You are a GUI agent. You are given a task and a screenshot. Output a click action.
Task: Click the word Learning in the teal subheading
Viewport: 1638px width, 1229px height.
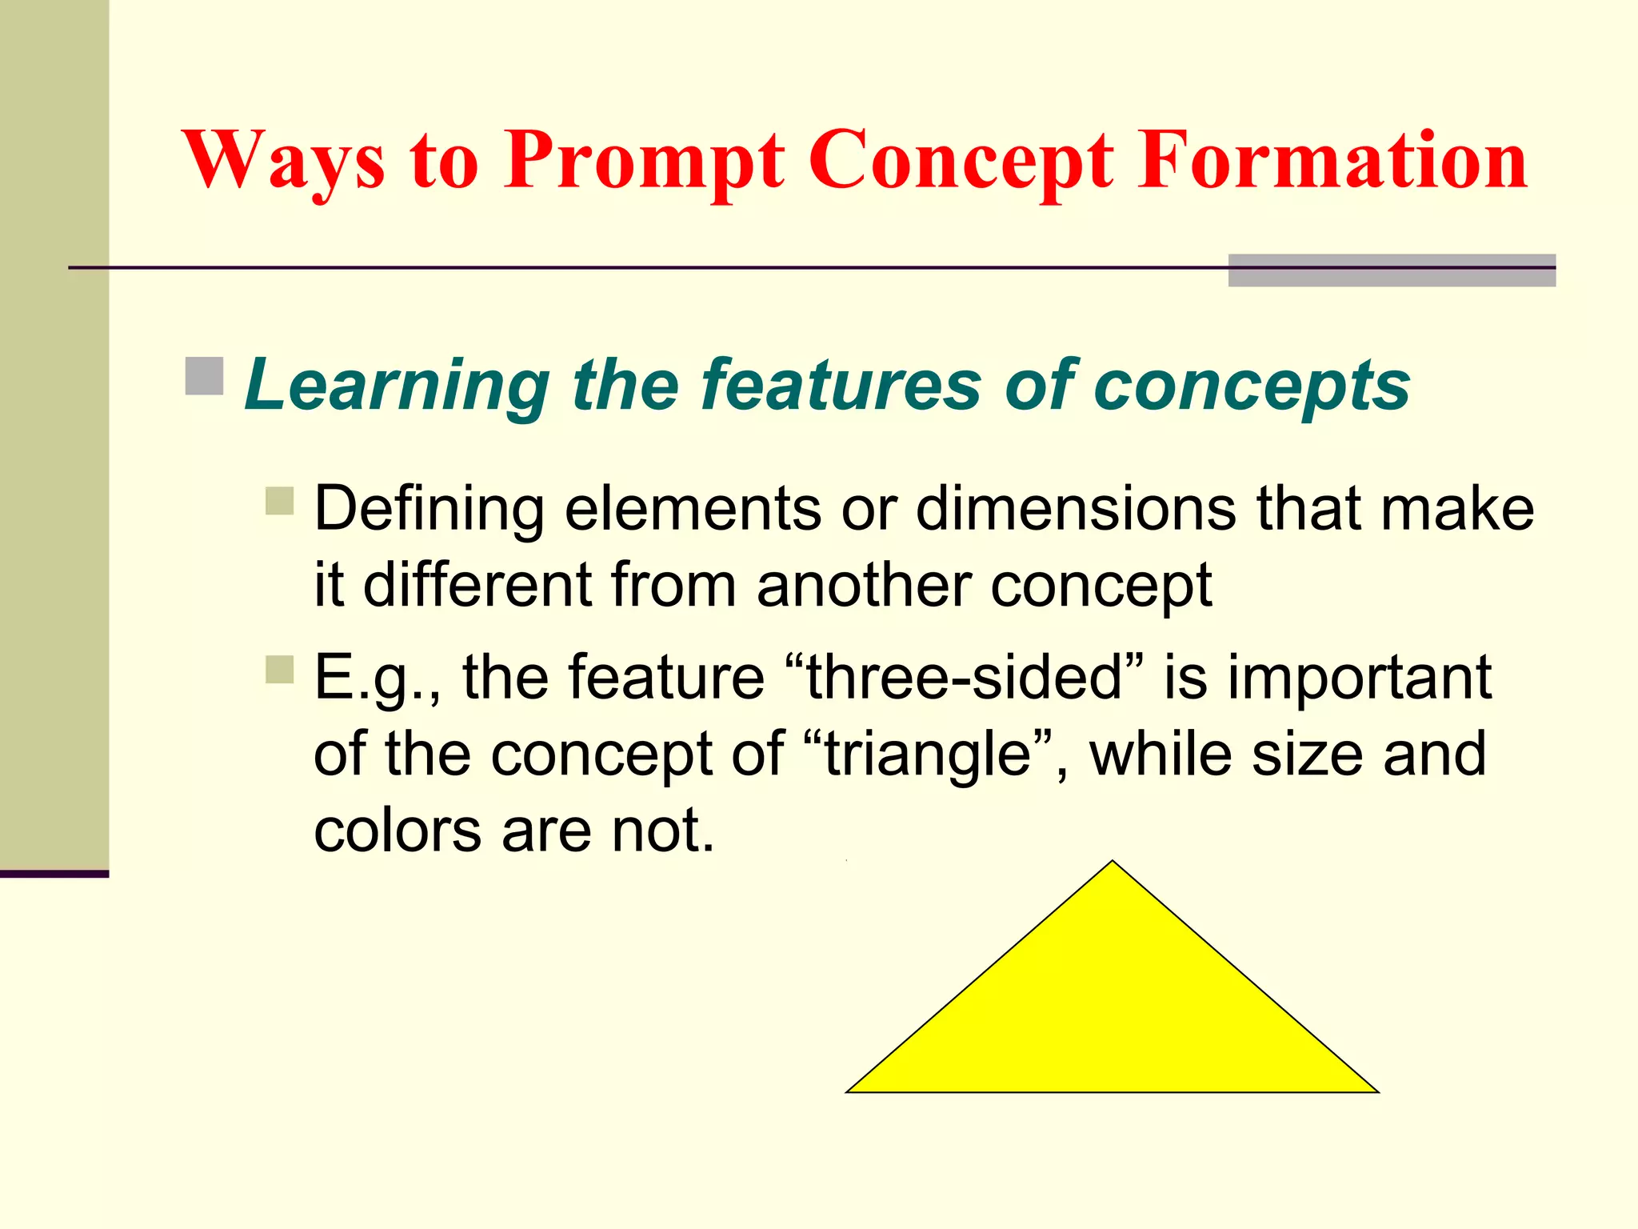(397, 386)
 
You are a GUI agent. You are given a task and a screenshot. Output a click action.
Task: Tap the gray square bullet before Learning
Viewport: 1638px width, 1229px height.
(204, 376)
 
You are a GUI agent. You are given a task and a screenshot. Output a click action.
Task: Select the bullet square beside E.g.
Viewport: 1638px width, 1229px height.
(280, 670)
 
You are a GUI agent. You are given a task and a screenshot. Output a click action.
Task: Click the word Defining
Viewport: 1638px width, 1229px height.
(429, 510)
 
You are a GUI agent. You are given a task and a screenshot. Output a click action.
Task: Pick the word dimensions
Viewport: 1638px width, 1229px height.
(1076, 510)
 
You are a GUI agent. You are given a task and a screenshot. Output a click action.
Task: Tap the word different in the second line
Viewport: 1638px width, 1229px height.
(477, 585)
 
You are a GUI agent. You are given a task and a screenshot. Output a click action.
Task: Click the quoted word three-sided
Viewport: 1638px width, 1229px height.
(965, 677)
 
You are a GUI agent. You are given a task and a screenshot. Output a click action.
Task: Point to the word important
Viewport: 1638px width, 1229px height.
(1359, 679)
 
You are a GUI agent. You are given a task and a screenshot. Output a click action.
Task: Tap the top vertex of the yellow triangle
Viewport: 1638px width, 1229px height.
(1113, 863)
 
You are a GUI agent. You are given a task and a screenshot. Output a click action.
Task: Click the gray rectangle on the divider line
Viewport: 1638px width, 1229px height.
(1392, 270)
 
